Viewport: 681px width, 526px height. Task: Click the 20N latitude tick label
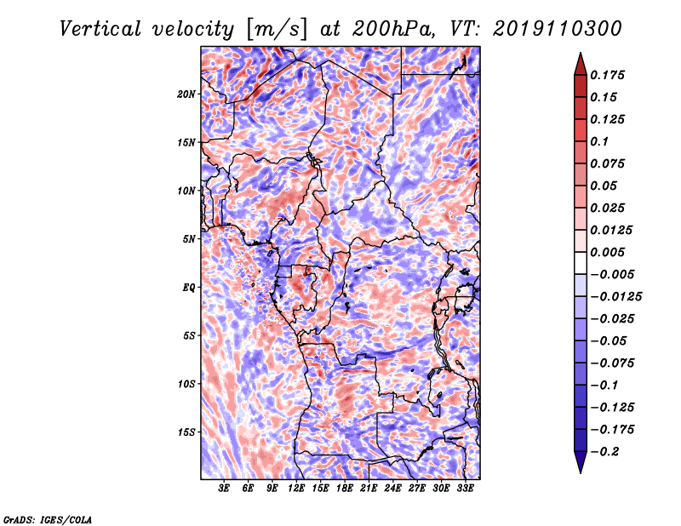click(x=186, y=94)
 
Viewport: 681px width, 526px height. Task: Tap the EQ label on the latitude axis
click(x=189, y=287)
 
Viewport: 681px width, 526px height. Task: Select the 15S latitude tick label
click(x=186, y=432)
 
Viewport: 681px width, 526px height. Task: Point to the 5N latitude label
click(x=189, y=239)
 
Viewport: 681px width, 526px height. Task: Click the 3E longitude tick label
click(x=224, y=489)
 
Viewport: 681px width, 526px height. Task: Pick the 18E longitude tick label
click(x=344, y=489)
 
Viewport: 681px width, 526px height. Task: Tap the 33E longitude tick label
click(x=465, y=489)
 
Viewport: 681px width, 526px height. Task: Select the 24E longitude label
click(x=392, y=489)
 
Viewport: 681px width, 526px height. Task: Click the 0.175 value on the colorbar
click(x=607, y=75)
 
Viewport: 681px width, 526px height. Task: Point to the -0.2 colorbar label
click(x=604, y=452)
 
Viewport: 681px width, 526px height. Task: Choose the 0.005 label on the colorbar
click(x=607, y=252)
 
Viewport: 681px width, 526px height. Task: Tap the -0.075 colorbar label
click(x=612, y=363)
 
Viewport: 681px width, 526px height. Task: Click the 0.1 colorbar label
click(x=599, y=141)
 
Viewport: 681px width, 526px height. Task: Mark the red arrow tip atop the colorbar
click(x=581, y=53)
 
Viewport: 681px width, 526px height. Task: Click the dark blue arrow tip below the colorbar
click(x=581, y=472)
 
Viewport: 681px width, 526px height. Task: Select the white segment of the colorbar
click(x=581, y=263)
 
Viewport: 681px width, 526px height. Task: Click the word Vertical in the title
click(x=100, y=29)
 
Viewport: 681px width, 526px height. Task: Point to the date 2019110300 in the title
click(x=558, y=29)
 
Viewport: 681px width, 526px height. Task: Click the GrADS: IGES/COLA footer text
click(x=48, y=519)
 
